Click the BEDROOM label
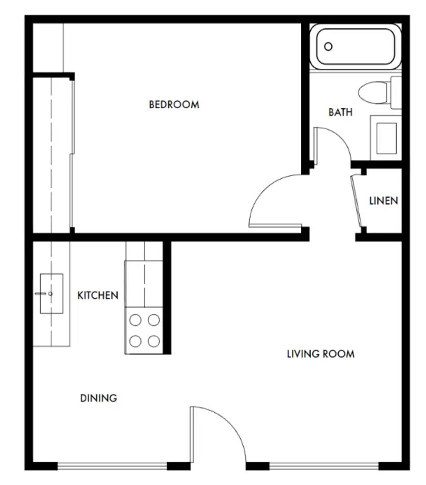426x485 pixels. tap(174, 105)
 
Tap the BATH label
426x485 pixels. tap(340, 112)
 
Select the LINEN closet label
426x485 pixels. tap(383, 200)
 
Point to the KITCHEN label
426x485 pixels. tap(98, 295)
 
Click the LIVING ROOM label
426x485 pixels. tap(321, 354)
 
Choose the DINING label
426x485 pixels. tap(98, 398)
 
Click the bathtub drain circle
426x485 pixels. tap(328, 46)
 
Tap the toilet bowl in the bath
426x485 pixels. tap(373, 93)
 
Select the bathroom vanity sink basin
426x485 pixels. tap(386, 138)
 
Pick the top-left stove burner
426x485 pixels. tap(136, 320)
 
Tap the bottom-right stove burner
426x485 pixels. tap(154, 341)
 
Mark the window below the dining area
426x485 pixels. tap(112, 467)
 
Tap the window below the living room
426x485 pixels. tap(324, 467)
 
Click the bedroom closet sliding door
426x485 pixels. tap(72, 153)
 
